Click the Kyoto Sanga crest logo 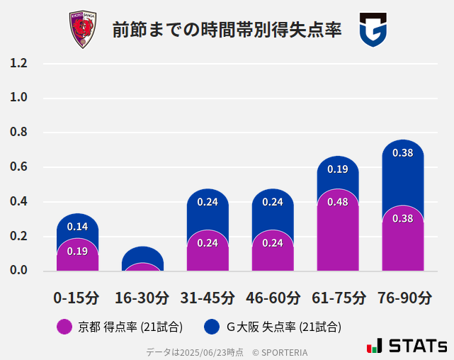click(x=83, y=29)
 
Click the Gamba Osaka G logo click(x=373, y=30)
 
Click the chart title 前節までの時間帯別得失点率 click(x=227, y=30)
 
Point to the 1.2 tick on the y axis click(x=19, y=64)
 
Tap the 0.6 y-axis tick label click(x=19, y=167)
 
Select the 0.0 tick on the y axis click(x=19, y=271)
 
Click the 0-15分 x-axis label click(x=77, y=298)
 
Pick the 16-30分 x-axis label click(x=142, y=298)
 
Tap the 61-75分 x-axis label click(x=338, y=298)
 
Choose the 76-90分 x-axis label click(x=403, y=298)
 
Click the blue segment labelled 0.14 click(x=77, y=226)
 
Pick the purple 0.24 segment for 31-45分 click(x=208, y=248)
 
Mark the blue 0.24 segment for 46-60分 click(x=273, y=206)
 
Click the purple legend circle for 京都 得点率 click(x=64, y=327)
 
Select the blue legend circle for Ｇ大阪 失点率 click(x=211, y=327)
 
